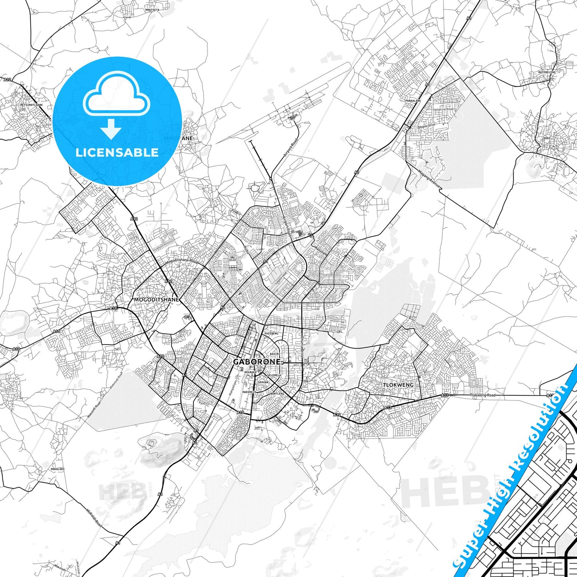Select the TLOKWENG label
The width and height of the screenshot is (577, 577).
pyautogui.click(x=398, y=385)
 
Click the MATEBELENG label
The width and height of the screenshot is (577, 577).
pyautogui.click(x=547, y=72)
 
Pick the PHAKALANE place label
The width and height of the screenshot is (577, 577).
pyautogui.click(x=413, y=101)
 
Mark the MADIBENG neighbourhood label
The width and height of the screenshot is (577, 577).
pyautogui.click(x=271, y=333)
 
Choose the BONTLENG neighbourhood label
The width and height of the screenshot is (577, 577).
pyautogui.click(x=277, y=393)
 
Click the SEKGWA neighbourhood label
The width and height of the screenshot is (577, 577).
pyautogui.click(x=263, y=382)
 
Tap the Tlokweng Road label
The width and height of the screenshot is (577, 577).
pyautogui.click(x=483, y=395)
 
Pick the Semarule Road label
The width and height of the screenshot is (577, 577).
pyautogui.click(x=443, y=109)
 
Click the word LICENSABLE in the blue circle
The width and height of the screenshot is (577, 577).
pyautogui.click(x=117, y=152)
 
